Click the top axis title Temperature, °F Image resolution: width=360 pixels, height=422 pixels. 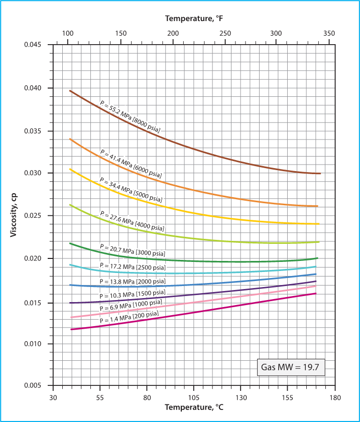pyautogui.click(x=194, y=19)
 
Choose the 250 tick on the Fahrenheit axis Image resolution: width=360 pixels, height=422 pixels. pyautogui.click(x=225, y=33)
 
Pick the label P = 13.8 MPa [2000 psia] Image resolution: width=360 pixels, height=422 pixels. pyautogui.click(x=132, y=282)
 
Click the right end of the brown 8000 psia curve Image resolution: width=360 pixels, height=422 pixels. pyautogui.click(x=320, y=173)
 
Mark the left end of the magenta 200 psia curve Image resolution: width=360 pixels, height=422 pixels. pyautogui.click(x=71, y=329)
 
